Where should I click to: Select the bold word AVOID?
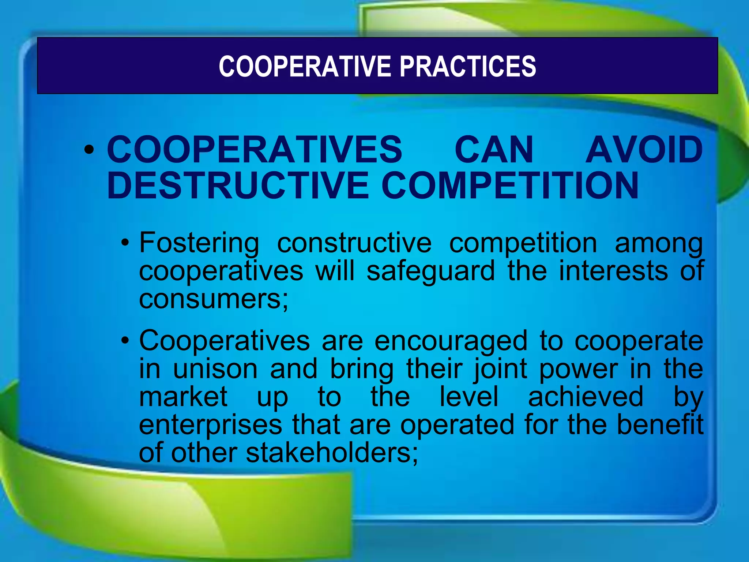(x=644, y=150)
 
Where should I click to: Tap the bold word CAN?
(x=494, y=150)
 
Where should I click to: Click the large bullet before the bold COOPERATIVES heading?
(x=89, y=150)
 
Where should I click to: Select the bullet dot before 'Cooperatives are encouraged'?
(x=125, y=341)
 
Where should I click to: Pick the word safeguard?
(x=430, y=271)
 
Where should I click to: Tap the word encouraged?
(x=451, y=341)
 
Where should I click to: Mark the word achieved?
(x=586, y=397)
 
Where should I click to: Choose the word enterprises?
(x=210, y=425)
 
